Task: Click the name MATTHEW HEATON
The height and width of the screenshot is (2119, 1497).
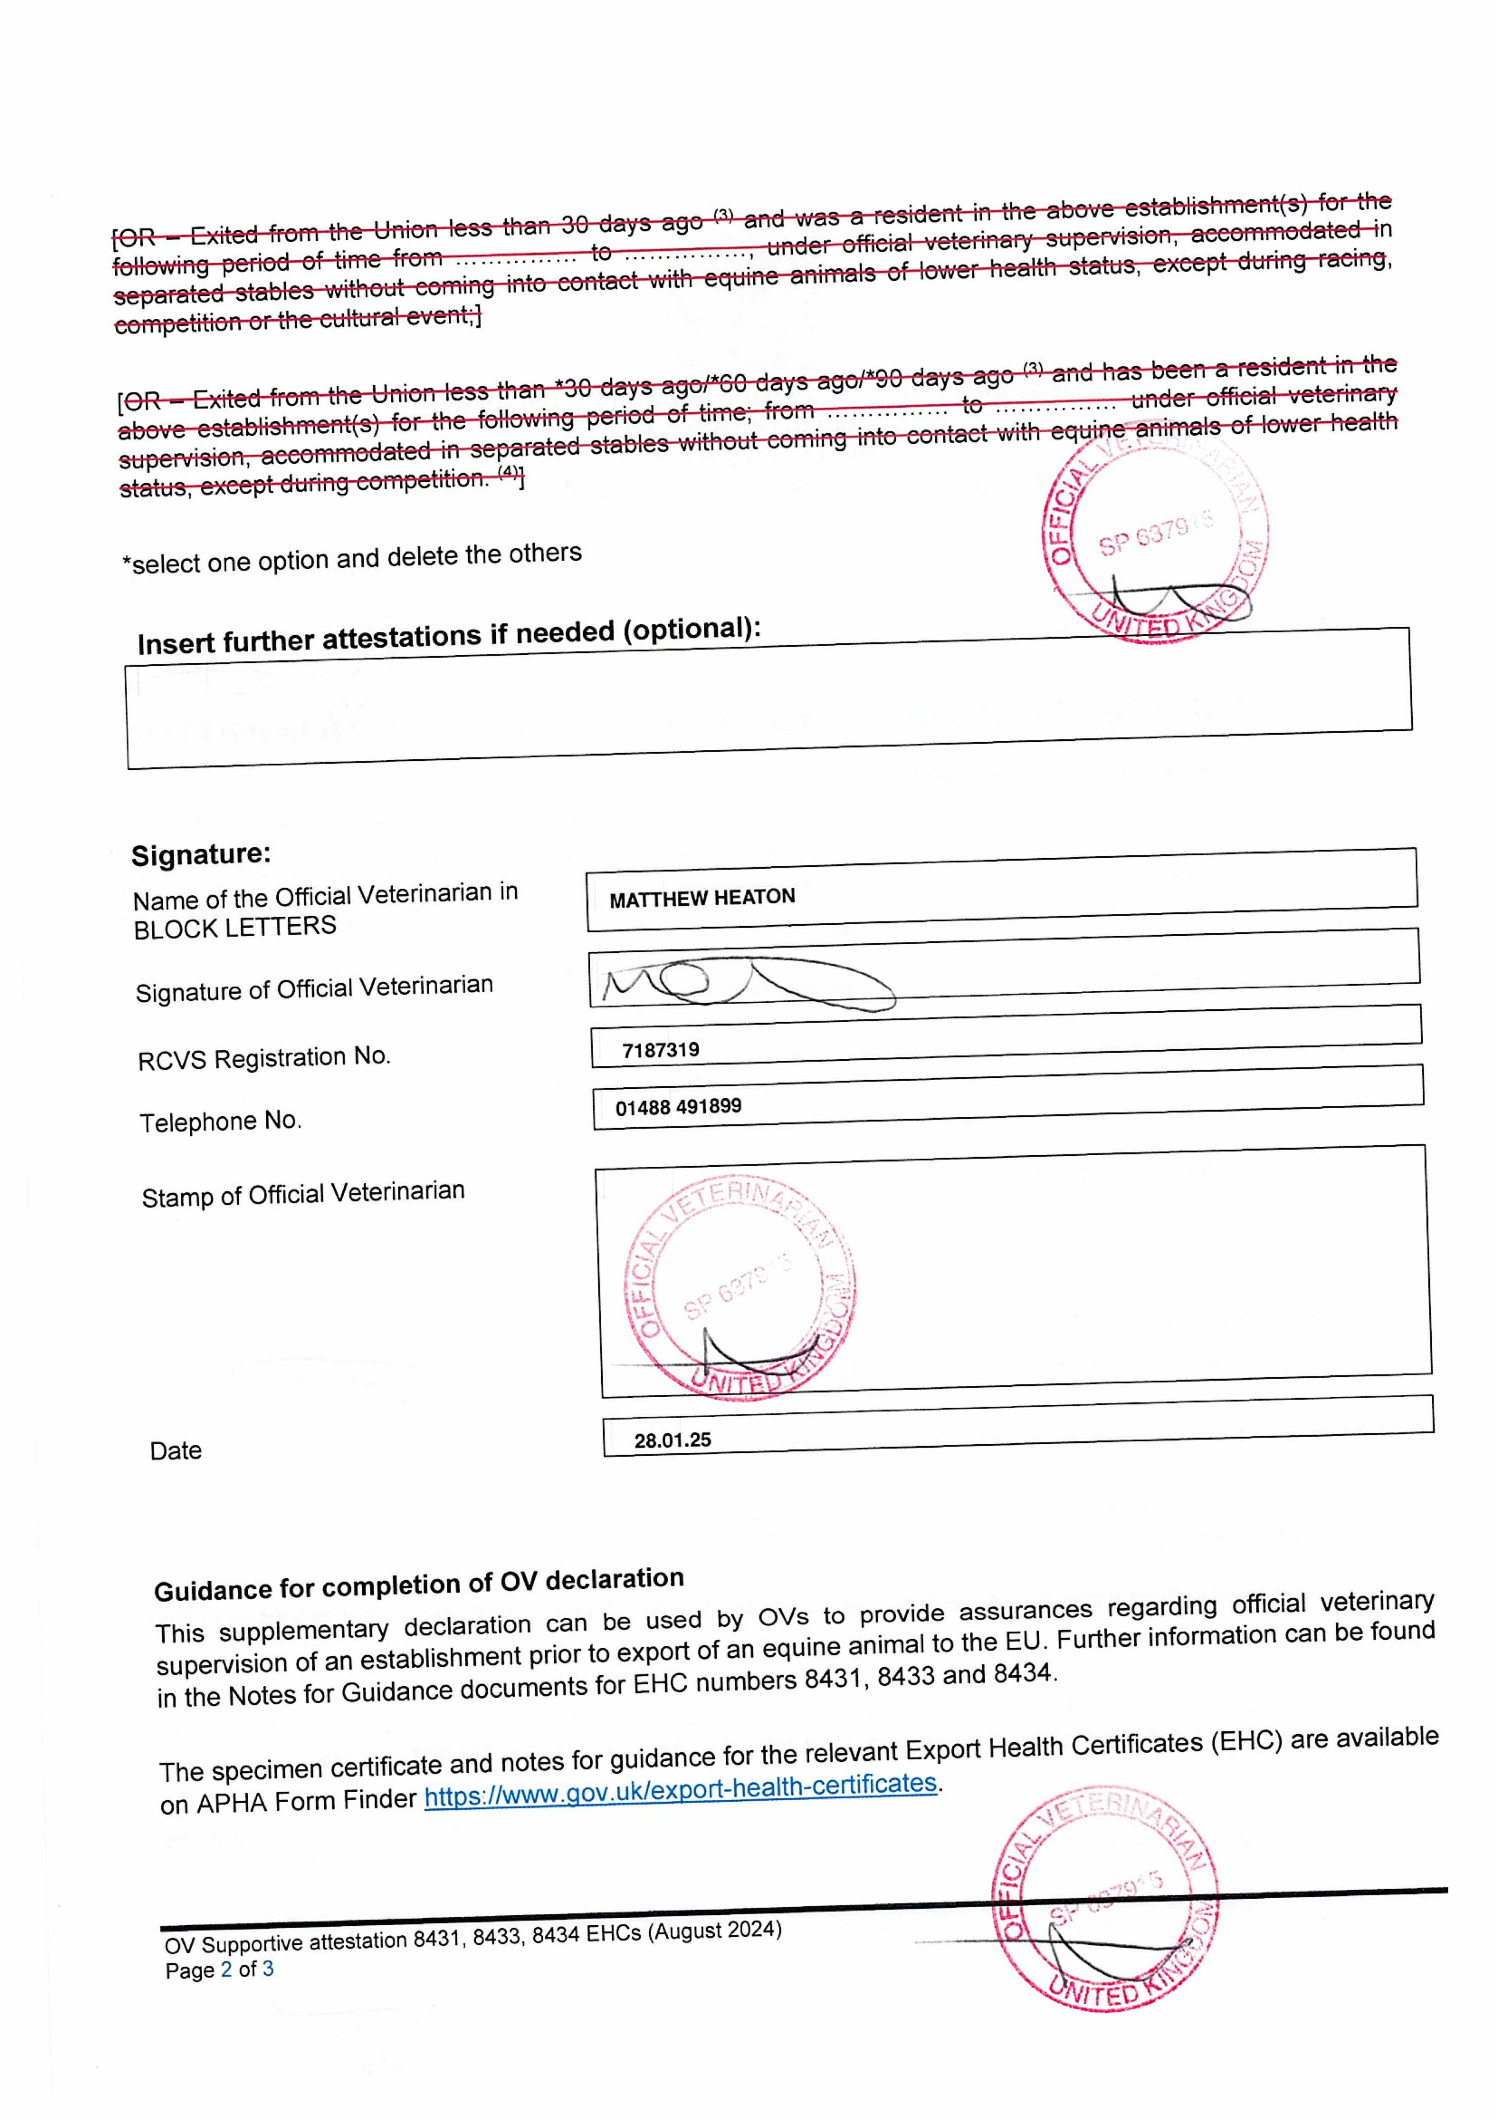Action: (x=701, y=897)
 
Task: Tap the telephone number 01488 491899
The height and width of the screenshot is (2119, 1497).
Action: (x=678, y=1107)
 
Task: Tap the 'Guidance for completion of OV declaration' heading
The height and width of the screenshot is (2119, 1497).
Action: (x=419, y=1585)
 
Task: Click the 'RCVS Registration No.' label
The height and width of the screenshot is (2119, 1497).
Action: (x=264, y=1058)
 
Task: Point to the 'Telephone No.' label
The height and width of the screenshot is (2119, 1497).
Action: (x=221, y=1121)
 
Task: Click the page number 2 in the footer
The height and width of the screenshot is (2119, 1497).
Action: (x=226, y=1969)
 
